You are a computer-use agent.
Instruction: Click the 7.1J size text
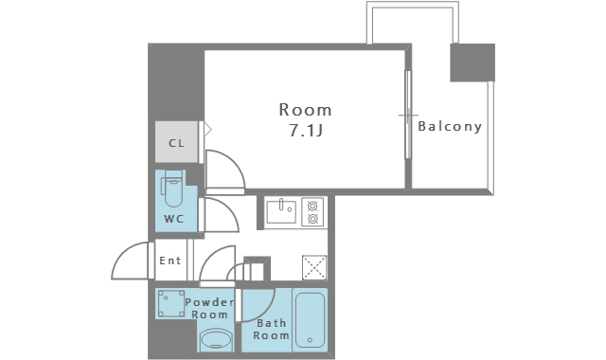(x=306, y=131)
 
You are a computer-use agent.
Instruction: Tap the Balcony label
(x=450, y=126)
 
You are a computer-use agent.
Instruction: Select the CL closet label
(x=176, y=143)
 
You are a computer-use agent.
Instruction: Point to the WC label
(x=174, y=219)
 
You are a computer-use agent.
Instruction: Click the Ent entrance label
(x=170, y=261)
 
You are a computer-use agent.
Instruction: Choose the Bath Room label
(x=272, y=329)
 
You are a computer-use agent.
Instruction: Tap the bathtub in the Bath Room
(x=310, y=320)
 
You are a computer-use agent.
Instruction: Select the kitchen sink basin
(x=281, y=211)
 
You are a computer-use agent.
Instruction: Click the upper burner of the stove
(x=312, y=206)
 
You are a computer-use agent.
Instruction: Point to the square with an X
(x=314, y=267)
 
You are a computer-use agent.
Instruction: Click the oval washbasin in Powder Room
(x=216, y=340)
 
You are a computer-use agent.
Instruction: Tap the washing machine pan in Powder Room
(x=171, y=303)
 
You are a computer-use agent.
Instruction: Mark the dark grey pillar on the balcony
(x=472, y=63)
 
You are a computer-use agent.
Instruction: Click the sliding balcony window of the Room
(x=408, y=115)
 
